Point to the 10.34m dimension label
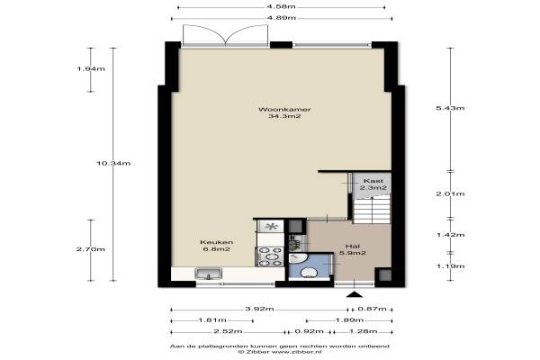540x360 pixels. [x=113, y=163]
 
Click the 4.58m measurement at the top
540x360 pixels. [x=282, y=7]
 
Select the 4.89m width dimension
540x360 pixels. [x=282, y=18]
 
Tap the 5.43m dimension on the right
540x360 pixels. [x=450, y=108]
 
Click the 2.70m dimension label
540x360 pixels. [x=91, y=249]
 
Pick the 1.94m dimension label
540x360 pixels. [x=91, y=69]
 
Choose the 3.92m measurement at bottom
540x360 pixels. [x=259, y=309]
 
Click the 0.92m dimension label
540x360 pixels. [x=309, y=331]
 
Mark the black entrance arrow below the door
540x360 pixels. [x=355, y=294]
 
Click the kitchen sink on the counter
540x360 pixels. [x=209, y=274]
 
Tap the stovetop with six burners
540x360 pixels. [x=270, y=256]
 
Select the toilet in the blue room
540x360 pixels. [x=309, y=273]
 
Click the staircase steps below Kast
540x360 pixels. [x=371, y=209]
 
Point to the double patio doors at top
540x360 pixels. [x=225, y=35]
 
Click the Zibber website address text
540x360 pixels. [x=296, y=352]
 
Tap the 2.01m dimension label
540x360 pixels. [x=450, y=193]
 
